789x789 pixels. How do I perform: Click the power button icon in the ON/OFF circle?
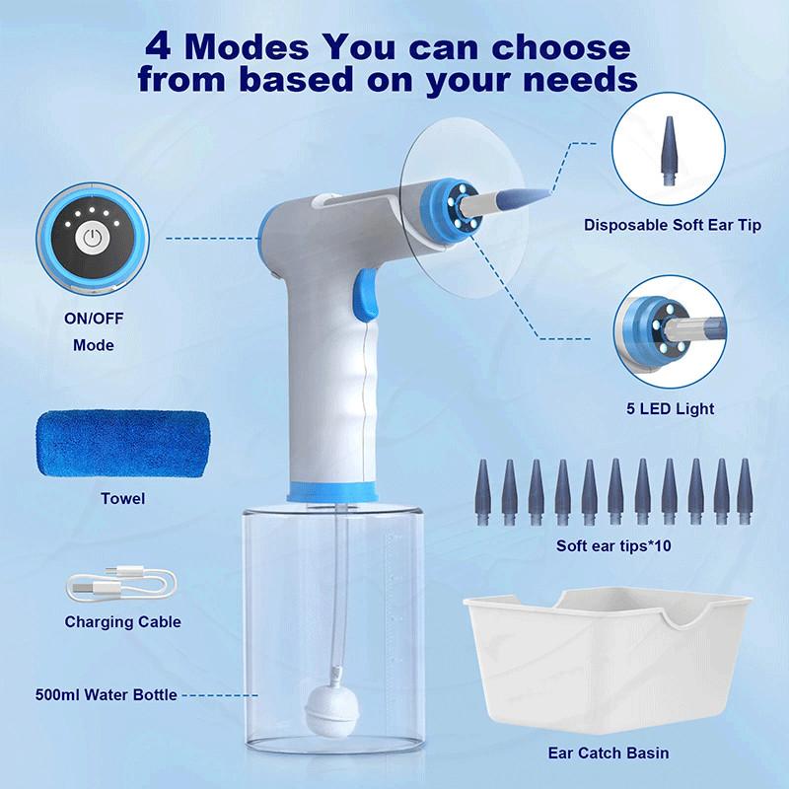point(93,238)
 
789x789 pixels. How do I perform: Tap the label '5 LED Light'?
point(671,408)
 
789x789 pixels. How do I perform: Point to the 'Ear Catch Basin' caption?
point(609,753)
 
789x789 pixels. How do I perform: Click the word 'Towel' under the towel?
point(122,499)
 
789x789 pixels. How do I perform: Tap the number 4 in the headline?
point(159,46)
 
